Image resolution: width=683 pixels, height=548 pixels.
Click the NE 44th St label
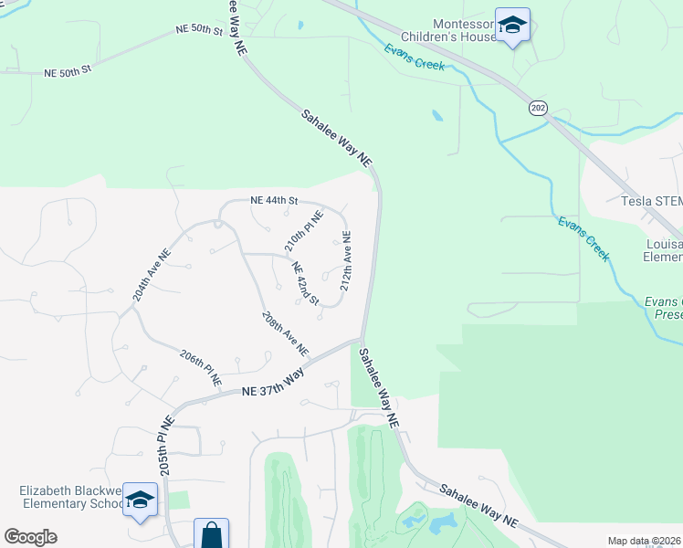point(274,200)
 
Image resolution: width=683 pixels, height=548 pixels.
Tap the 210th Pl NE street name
point(303,231)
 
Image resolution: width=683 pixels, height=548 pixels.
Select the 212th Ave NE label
point(346,261)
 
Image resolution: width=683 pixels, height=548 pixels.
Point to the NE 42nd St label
point(305,284)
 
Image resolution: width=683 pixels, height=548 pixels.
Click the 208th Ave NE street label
point(284,333)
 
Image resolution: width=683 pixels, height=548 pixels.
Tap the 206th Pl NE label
point(201,367)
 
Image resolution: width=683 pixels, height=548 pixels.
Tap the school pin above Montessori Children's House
point(512,26)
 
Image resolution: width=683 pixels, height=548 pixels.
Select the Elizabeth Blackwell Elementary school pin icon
point(140,501)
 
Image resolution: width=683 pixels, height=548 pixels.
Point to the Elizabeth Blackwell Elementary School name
point(73,497)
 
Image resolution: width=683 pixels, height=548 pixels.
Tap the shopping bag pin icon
point(211,534)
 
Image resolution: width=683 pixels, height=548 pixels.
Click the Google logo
point(30,537)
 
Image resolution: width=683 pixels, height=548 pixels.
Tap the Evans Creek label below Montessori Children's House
point(414,57)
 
